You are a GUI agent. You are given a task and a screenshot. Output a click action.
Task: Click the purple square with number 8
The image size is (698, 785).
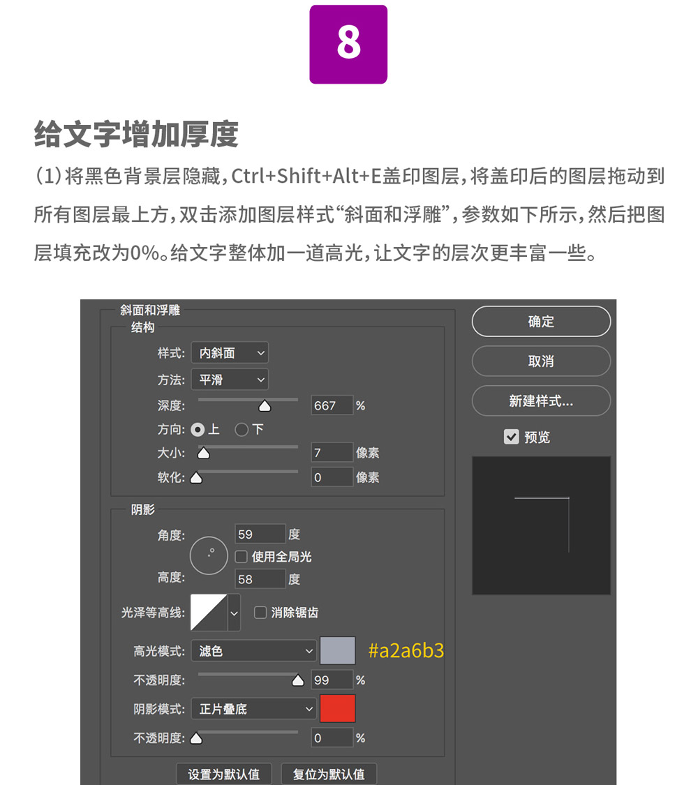coord(348,44)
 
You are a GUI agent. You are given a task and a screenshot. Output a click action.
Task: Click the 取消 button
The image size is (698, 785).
coord(541,361)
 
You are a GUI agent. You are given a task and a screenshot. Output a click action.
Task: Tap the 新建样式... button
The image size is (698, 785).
coord(541,401)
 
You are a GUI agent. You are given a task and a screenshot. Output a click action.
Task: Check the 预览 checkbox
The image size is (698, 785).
coord(511,437)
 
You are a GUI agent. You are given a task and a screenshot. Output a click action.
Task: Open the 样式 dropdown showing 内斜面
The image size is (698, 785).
coord(230,353)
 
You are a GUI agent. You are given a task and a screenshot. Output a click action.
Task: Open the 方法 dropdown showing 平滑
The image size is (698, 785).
coord(230,380)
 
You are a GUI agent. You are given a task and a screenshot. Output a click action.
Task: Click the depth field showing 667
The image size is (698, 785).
coord(332,405)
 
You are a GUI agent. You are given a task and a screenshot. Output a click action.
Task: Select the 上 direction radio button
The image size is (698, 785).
coord(198,430)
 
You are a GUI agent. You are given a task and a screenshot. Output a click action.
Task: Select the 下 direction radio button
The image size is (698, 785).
coord(242,430)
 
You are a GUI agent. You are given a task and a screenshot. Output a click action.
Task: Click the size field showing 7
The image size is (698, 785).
coord(332,453)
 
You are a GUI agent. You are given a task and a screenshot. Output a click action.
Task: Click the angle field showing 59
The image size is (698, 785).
coord(260,534)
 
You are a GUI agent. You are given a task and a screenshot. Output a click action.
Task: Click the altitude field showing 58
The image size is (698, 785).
coord(260,579)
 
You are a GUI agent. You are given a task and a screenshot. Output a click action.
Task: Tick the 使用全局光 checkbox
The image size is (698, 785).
coord(242,557)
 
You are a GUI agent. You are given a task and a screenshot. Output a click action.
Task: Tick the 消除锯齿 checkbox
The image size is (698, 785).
coord(260,613)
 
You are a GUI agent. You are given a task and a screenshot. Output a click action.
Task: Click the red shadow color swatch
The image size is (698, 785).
coord(338,708)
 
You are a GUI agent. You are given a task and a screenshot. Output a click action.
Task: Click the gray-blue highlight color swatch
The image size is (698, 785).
coord(338,650)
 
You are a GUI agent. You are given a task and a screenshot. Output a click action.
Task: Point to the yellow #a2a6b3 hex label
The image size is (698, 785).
coord(406,650)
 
